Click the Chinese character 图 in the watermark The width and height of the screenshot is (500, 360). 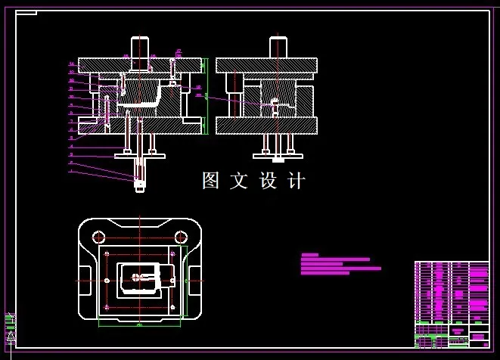click(211, 181)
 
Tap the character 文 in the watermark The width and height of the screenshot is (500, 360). click(239, 181)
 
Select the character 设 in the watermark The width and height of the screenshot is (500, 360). click(268, 181)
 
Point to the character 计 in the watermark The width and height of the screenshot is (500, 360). click(297, 181)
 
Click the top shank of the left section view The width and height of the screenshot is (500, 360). click(141, 47)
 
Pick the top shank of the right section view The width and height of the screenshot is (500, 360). click(278, 47)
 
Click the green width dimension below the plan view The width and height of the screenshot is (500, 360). click(141, 324)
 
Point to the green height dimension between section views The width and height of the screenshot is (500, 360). click(206, 97)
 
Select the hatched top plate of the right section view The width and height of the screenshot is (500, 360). click(266, 66)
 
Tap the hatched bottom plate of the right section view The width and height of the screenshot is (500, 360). click(266, 126)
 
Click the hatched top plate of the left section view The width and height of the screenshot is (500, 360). click(141, 65)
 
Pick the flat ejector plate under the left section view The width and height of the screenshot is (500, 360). click(140, 156)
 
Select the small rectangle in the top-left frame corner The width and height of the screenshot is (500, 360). click(26, 13)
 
